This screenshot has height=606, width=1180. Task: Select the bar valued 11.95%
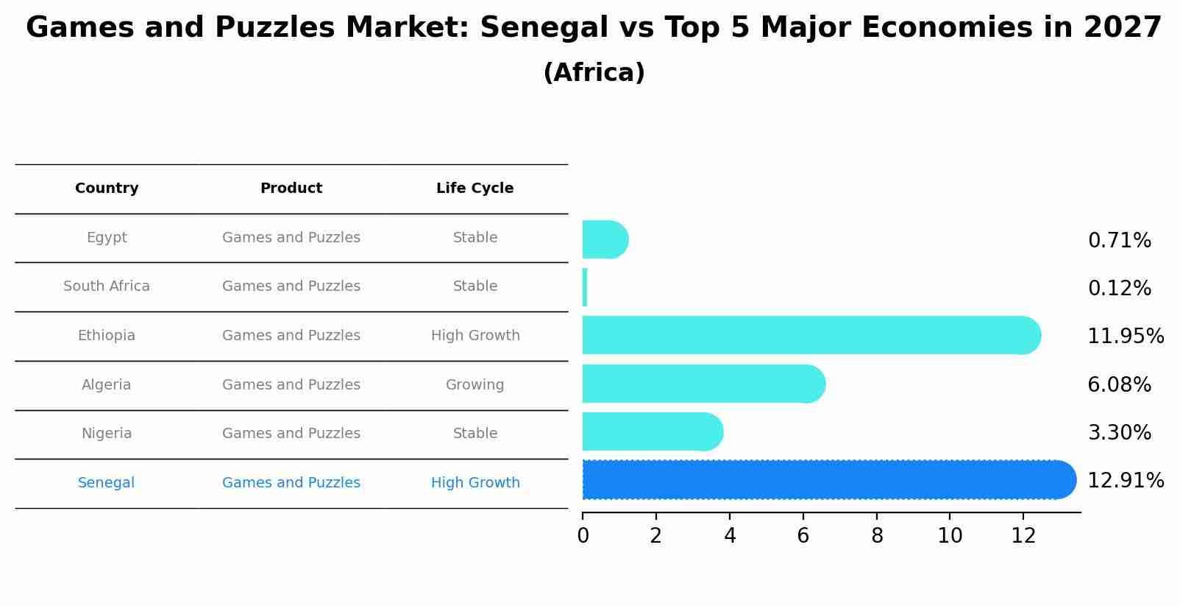point(809,336)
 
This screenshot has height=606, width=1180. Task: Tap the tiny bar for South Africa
point(585,287)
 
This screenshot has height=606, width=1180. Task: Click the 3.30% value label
point(1119,433)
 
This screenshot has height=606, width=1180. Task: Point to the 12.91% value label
point(1125,481)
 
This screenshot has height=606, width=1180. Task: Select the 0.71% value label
point(1119,241)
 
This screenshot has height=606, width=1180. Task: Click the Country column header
point(107,189)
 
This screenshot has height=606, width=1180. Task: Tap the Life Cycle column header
point(475,189)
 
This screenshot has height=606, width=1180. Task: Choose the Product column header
point(291,189)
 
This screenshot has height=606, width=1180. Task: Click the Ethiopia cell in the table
point(107,336)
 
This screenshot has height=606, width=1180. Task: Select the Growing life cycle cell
point(475,385)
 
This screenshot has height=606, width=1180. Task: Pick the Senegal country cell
point(107,483)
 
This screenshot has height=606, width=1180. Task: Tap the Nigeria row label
point(107,434)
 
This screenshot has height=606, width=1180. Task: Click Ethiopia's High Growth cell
point(475,336)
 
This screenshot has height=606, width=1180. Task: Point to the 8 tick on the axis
point(877,536)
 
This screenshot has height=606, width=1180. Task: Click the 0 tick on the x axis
point(583,536)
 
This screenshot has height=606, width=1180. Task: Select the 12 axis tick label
point(1023,536)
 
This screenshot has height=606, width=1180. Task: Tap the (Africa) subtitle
point(594,73)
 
